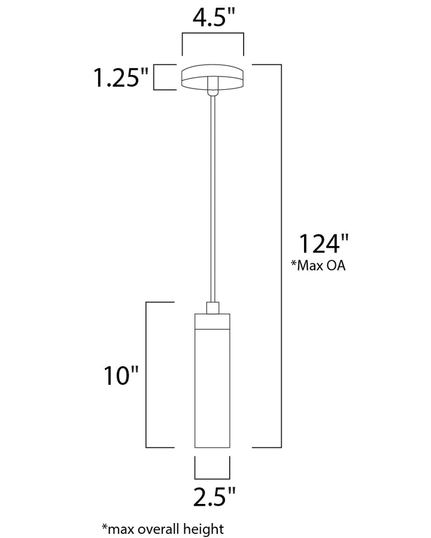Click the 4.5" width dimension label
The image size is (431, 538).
click(x=214, y=17)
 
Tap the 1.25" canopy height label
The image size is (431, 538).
click(x=121, y=78)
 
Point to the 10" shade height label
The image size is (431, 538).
click(x=121, y=375)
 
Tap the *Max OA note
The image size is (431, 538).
click(x=318, y=265)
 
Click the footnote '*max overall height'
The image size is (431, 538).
click(x=163, y=529)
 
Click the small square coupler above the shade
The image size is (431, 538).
click(x=213, y=308)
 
